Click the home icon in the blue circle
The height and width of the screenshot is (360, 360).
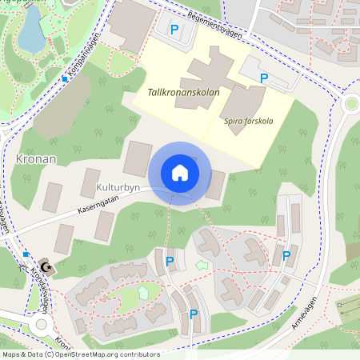(x=179, y=173)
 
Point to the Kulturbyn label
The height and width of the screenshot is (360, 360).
(x=118, y=186)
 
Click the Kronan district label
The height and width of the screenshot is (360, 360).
(x=35, y=158)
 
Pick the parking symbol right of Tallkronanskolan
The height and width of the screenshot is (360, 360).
(x=265, y=78)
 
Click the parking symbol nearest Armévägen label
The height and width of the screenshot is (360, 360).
(x=286, y=256)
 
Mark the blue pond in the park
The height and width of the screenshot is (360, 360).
(x=30, y=30)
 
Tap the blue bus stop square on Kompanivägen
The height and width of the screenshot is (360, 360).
(x=65, y=78)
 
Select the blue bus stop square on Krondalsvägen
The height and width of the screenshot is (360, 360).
(x=26, y=254)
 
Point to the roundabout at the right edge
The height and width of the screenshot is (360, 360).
(x=350, y=104)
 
